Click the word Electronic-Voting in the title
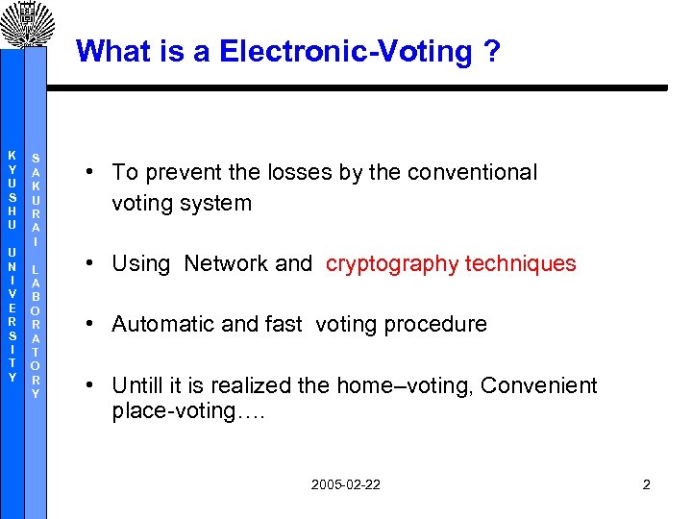point(345,51)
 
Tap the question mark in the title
point(493,51)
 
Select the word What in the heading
point(109,51)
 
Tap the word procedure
point(441,325)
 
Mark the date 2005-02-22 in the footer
point(345,484)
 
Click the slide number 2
point(646,484)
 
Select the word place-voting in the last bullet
point(168,412)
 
